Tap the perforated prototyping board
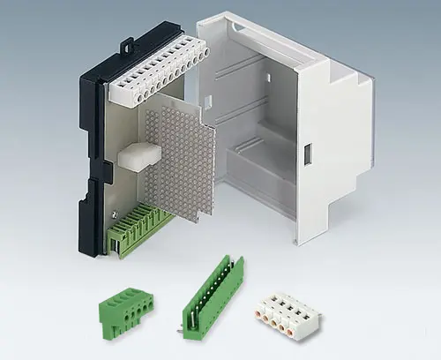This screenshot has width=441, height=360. [x=180, y=155]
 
